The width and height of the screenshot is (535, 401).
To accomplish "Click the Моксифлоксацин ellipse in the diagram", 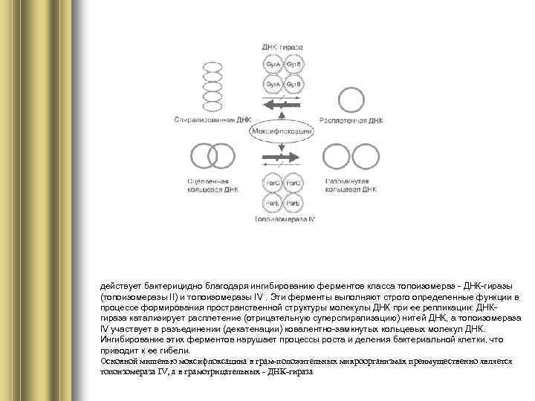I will (x=281, y=131).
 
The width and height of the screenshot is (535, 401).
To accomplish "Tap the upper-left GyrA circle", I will (x=272, y=65).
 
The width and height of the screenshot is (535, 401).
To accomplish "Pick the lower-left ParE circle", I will (x=272, y=203).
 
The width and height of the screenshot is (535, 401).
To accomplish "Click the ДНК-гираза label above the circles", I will (x=282, y=47).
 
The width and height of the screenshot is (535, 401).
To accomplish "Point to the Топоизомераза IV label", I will (x=285, y=220).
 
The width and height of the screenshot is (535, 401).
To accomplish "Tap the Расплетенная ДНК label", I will (x=351, y=120).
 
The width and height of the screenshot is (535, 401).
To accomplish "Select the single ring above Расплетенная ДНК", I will (x=351, y=99).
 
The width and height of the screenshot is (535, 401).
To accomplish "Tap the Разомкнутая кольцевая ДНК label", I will (x=351, y=185).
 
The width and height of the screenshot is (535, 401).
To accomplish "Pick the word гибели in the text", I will (x=174, y=350).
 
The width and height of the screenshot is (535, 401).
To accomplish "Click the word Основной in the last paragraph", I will (x=117, y=360).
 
